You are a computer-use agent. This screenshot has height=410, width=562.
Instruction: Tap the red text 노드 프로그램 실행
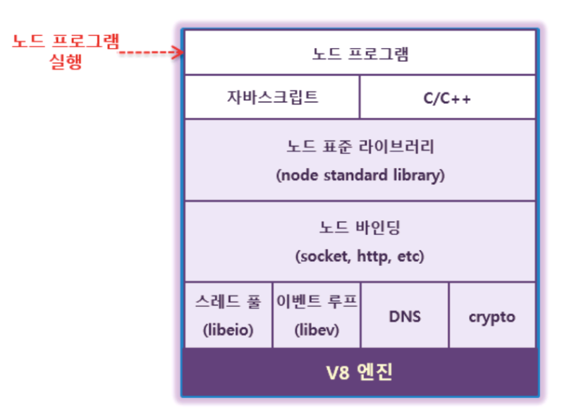[66, 52]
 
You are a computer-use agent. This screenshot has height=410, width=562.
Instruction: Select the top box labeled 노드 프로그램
[360, 54]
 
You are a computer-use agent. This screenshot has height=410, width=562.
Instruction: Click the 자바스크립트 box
[271, 97]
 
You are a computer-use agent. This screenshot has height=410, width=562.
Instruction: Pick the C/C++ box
[447, 97]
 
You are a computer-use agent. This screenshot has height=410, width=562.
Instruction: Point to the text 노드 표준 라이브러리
[360, 148]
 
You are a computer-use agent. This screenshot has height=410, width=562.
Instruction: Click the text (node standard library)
[360, 175]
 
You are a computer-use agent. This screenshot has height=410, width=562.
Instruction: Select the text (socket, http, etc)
[360, 256]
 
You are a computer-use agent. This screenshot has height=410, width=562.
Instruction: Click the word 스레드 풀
[227, 302]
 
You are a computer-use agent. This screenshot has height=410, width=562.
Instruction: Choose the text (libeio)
[227, 329]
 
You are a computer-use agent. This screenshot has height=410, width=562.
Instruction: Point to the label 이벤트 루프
[316, 302]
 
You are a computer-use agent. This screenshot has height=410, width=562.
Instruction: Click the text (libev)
[316, 329]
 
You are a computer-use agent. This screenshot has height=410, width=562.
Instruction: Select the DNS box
[405, 315]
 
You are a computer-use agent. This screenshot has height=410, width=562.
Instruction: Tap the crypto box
[491, 316]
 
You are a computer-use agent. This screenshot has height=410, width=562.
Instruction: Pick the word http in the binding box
[374, 256]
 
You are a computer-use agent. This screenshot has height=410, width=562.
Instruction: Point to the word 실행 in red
[66, 62]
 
